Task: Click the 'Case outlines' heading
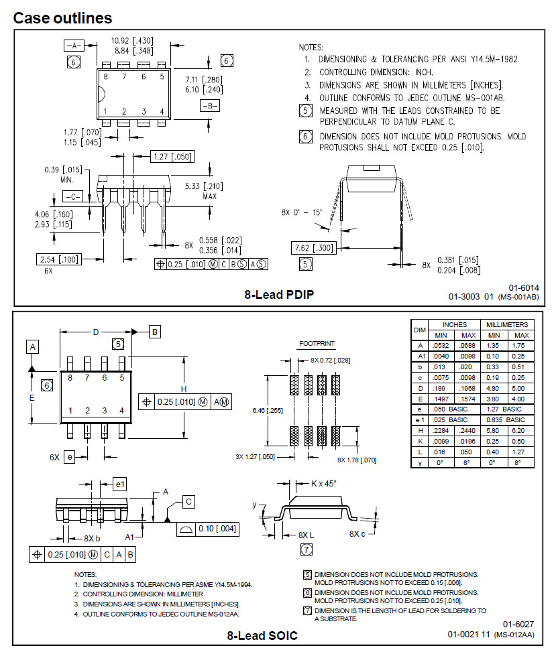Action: (62, 18)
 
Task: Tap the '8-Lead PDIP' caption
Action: (280, 294)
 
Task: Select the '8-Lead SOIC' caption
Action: (262, 635)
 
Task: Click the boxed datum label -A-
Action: (74, 46)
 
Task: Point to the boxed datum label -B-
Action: (210, 105)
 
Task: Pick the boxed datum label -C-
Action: (72, 196)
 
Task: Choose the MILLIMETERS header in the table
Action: (507, 324)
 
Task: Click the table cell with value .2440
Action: (468, 430)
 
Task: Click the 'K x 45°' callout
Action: (327, 482)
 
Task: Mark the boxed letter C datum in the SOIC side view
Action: (188, 501)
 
